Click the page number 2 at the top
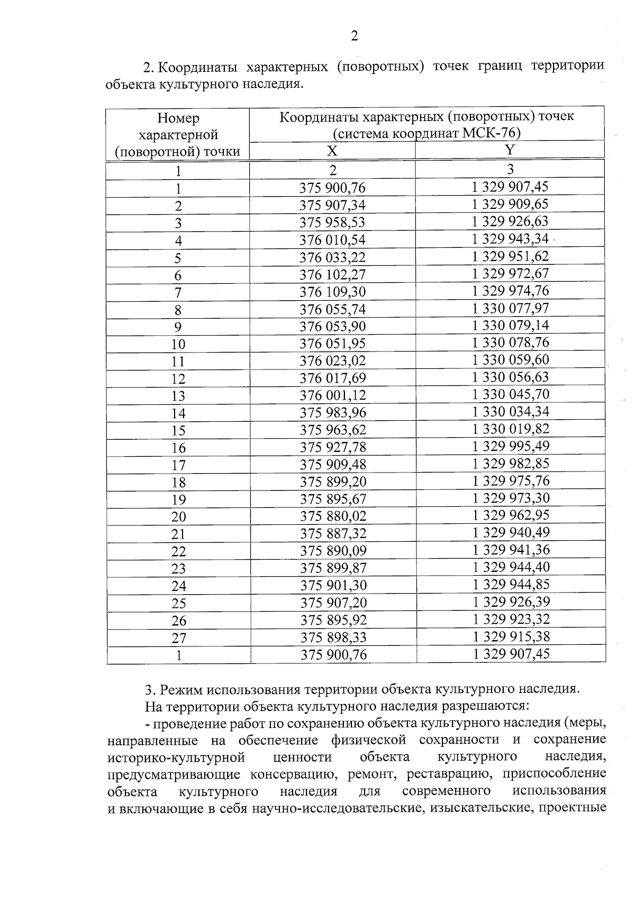tap(354, 36)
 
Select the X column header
tap(332, 151)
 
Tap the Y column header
tap(510, 150)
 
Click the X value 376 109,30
tap(332, 292)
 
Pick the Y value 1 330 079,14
tap(510, 325)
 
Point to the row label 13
tap(178, 396)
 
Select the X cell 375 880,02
tap(333, 516)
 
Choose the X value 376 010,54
tap(332, 240)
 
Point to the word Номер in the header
tap(178, 118)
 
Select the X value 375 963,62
tap(333, 430)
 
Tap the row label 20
tap(178, 517)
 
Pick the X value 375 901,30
tap(333, 585)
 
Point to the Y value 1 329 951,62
tap(510, 256)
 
